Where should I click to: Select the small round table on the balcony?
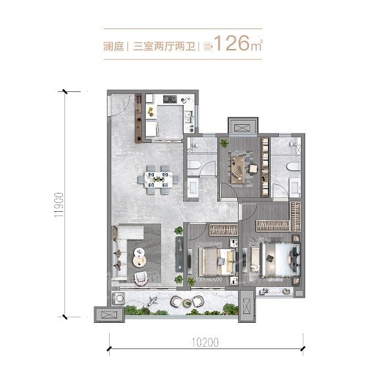coord(176,301)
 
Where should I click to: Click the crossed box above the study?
coord(242,126)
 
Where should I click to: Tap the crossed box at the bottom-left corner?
coord(108,314)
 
